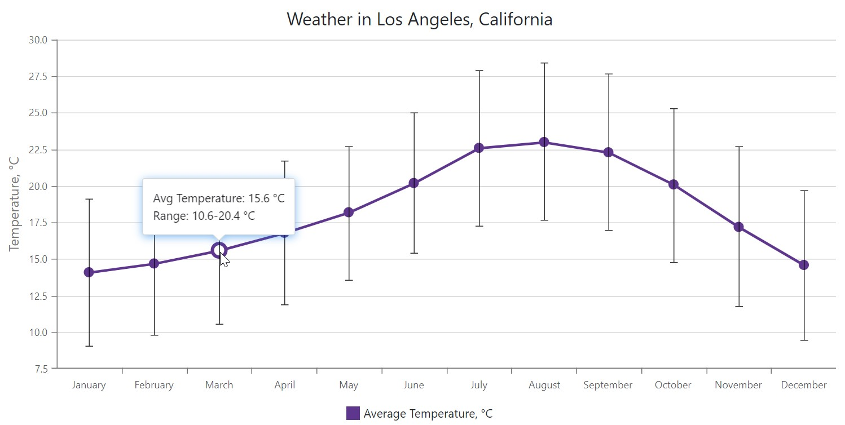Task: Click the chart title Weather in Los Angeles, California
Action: pyautogui.click(x=419, y=19)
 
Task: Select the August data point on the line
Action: pyautogui.click(x=544, y=142)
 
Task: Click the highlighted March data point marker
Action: pyautogui.click(x=219, y=250)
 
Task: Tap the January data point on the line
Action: pyautogui.click(x=89, y=272)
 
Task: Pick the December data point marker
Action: pyautogui.click(x=803, y=265)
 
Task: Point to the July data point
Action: pyautogui.click(x=479, y=148)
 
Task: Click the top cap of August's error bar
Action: pyautogui.click(x=544, y=63)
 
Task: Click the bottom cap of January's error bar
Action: pyautogui.click(x=89, y=346)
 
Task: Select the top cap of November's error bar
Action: pyautogui.click(x=738, y=147)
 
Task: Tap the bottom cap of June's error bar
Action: pyautogui.click(x=413, y=253)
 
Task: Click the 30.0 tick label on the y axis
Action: pyautogui.click(x=38, y=40)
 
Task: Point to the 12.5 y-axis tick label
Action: pyautogui.click(x=38, y=296)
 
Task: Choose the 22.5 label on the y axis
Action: pyautogui.click(x=38, y=150)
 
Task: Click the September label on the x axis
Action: pyautogui.click(x=608, y=385)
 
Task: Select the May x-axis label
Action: pyautogui.click(x=349, y=385)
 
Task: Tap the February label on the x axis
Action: pyautogui.click(x=153, y=385)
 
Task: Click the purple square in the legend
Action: pyautogui.click(x=353, y=413)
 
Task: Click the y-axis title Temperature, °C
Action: pyautogui.click(x=14, y=203)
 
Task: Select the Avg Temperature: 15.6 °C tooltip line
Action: pyautogui.click(x=218, y=198)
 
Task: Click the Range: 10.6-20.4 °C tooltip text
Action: pyautogui.click(x=204, y=215)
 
